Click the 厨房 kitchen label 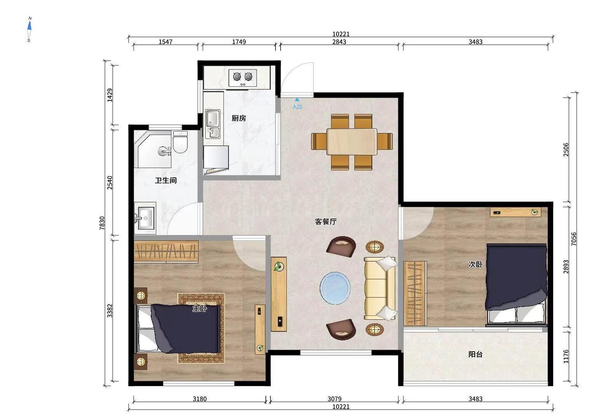(239, 118)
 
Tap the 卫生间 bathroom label (166, 180)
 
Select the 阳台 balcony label (476, 354)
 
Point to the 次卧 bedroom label (476, 264)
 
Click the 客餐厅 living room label (326, 222)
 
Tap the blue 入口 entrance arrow (297, 100)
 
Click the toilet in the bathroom (180, 142)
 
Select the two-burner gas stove (242, 78)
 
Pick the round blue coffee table (335, 288)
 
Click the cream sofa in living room (379, 288)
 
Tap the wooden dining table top (352, 141)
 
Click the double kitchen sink (213, 124)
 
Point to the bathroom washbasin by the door (145, 218)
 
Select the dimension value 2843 (339, 42)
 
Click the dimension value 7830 (102, 223)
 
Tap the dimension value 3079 (334, 399)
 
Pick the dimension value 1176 (566, 356)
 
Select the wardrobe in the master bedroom (166, 252)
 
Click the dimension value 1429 (110, 95)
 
